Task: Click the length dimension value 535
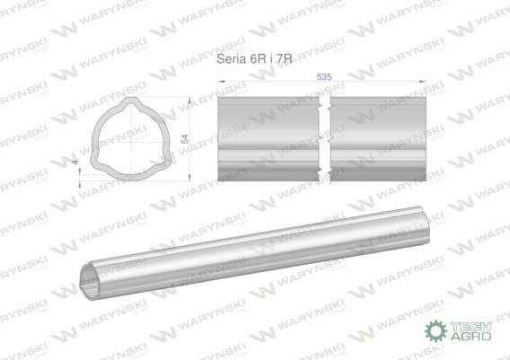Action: click(324, 76)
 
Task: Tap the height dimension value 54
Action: click(185, 138)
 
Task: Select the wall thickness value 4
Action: click(75, 162)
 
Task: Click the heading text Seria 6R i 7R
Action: click(254, 59)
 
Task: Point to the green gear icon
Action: click(435, 330)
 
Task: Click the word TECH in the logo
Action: click(470, 326)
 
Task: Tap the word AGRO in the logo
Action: click(470, 336)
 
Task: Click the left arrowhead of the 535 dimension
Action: click(221, 82)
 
